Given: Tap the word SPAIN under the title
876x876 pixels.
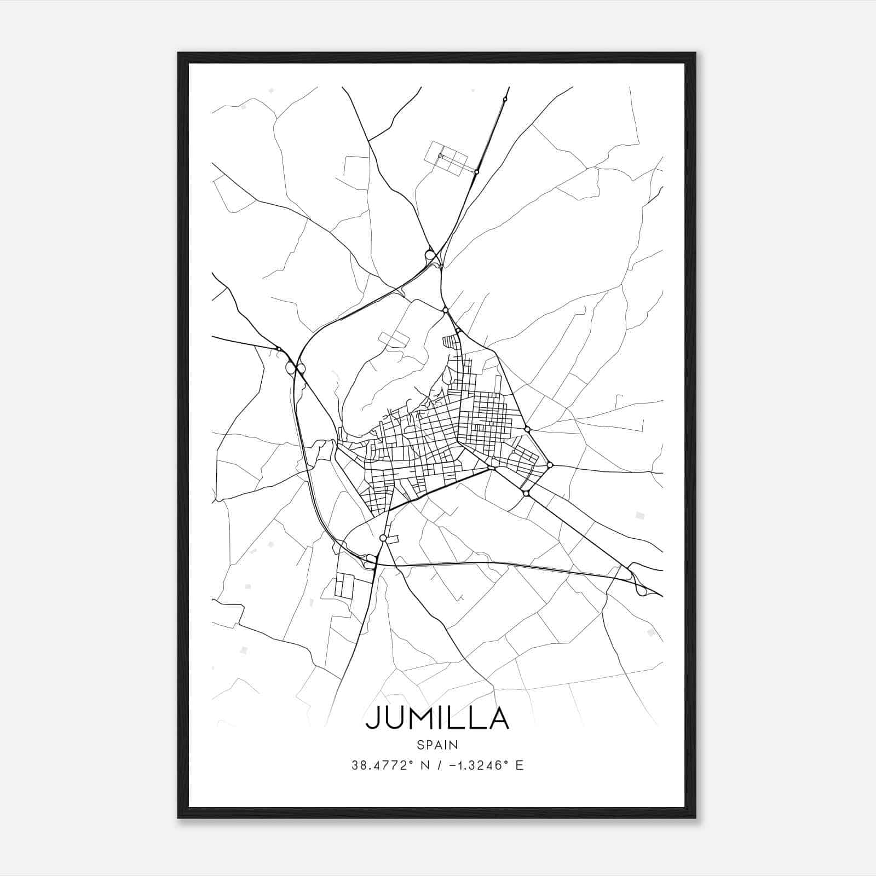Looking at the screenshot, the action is click(x=437, y=745).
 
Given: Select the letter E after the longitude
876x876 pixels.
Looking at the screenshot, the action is click(x=520, y=765).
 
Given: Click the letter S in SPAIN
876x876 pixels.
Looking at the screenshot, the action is click(x=420, y=745).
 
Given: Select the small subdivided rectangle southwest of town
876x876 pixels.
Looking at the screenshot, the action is click(x=344, y=585).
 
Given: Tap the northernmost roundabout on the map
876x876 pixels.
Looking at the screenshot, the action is click(x=505, y=99).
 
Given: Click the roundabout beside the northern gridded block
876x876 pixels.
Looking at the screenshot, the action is click(x=477, y=172).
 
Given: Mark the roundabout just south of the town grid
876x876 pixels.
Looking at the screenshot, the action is click(x=383, y=539).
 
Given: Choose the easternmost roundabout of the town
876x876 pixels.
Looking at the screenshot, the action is click(x=550, y=465).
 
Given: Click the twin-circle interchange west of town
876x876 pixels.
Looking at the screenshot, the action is click(x=295, y=368).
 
